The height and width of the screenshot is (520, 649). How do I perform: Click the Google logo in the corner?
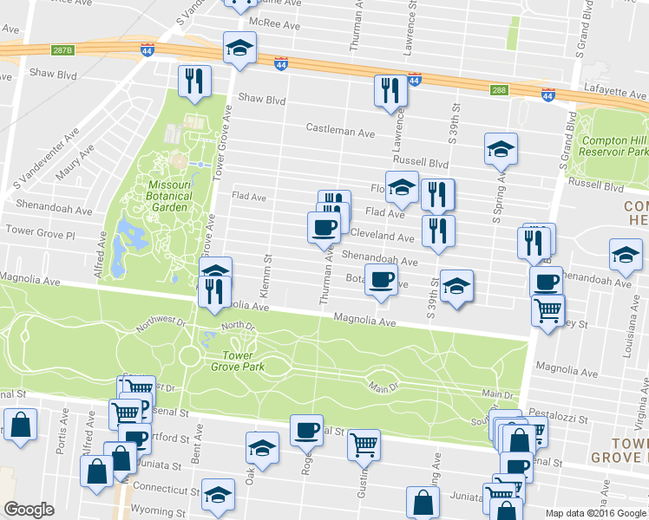point(29,510)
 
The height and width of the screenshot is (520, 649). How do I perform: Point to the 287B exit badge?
point(62,49)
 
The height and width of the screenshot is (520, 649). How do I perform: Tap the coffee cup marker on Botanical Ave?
point(380,279)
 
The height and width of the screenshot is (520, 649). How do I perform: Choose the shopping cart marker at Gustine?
point(364,444)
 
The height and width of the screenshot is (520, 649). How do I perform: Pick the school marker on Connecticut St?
point(218,493)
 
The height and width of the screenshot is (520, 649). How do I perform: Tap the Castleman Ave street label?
point(340,131)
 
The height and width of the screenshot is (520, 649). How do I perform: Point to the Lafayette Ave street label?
point(617,94)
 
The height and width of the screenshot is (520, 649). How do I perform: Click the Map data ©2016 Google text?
point(595,512)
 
